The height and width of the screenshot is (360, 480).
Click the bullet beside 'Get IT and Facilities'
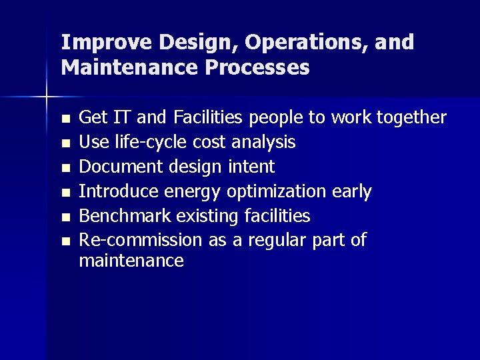[65, 119]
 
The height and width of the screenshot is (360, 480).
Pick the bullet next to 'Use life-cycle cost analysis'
[65, 143]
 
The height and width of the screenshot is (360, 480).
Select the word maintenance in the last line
[131, 261]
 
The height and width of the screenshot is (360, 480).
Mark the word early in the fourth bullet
[352, 192]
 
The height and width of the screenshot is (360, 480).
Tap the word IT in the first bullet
[122, 118]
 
